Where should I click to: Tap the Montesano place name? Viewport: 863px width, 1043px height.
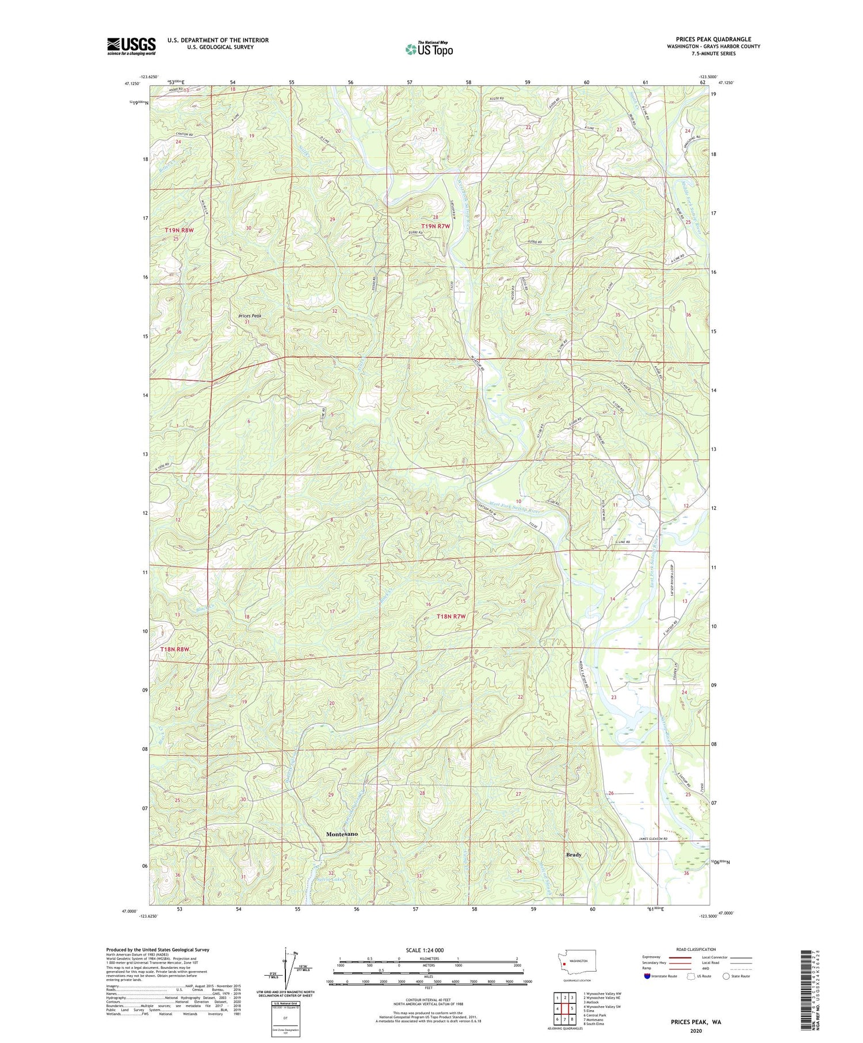tap(342, 834)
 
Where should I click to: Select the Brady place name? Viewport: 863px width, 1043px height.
tap(574, 855)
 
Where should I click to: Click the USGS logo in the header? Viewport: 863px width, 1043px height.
tap(131, 46)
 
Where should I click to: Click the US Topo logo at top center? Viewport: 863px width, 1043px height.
tap(429, 49)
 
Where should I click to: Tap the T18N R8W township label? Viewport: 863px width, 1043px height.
tap(174, 649)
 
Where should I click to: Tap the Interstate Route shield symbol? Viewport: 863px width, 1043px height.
tap(647, 976)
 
